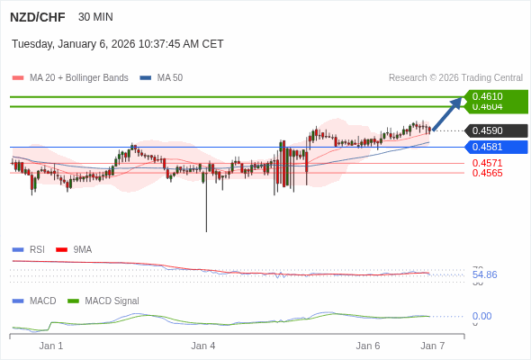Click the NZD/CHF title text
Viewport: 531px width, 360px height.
tap(37, 17)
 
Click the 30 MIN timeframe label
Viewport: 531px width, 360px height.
tap(95, 17)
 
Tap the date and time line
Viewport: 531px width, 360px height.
tap(117, 44)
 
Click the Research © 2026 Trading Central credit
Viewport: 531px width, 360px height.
tap(455, 78)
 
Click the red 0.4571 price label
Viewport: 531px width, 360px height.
tap(487, 163)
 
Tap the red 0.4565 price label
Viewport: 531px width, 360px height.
tap(487, 173)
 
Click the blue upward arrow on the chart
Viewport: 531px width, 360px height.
tap(447, 113)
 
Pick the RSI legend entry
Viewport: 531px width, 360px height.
tap(36, 249)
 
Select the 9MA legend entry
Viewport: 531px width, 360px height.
tap(82, 249)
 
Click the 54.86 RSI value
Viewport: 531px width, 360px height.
tap(484, 274)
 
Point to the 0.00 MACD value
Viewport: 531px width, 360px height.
tap(481, 316)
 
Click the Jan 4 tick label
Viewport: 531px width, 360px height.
tap(203, 346)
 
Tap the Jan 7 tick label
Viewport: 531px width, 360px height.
tap(433, 346)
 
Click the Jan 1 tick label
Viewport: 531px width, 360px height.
tap(51, 346)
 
